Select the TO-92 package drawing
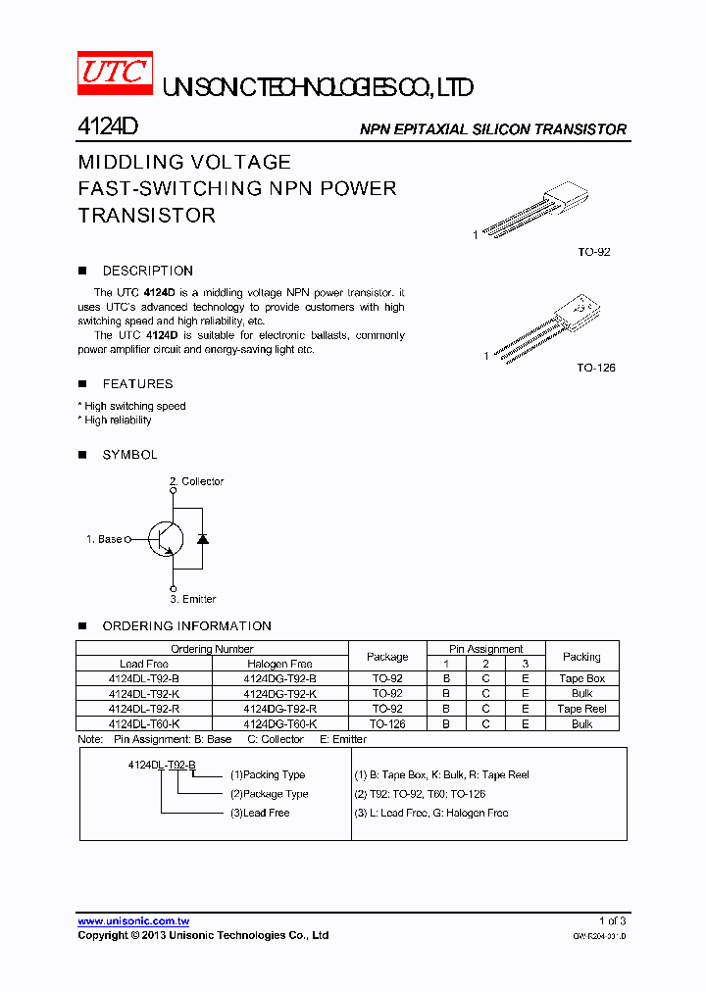tap(534, 212)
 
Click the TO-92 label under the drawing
tap(594, 252)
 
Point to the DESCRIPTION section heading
tap(147, 271)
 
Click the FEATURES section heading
tap(137, 384)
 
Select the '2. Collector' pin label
tap(197, 481)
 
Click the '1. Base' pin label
tap(104, 539)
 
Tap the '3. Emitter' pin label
tap(193, 599)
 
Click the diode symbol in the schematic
tap(203, 538)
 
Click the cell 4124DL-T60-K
tap(144, 723)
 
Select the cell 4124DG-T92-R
tap(280, 709)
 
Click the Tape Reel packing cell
tap(581, 709)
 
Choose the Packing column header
tap(581, 657)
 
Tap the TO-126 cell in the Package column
tap(387, 723)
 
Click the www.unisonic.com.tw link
tap(133, 921)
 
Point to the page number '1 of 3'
tap(612, 920)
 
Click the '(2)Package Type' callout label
tap(270, 794)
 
